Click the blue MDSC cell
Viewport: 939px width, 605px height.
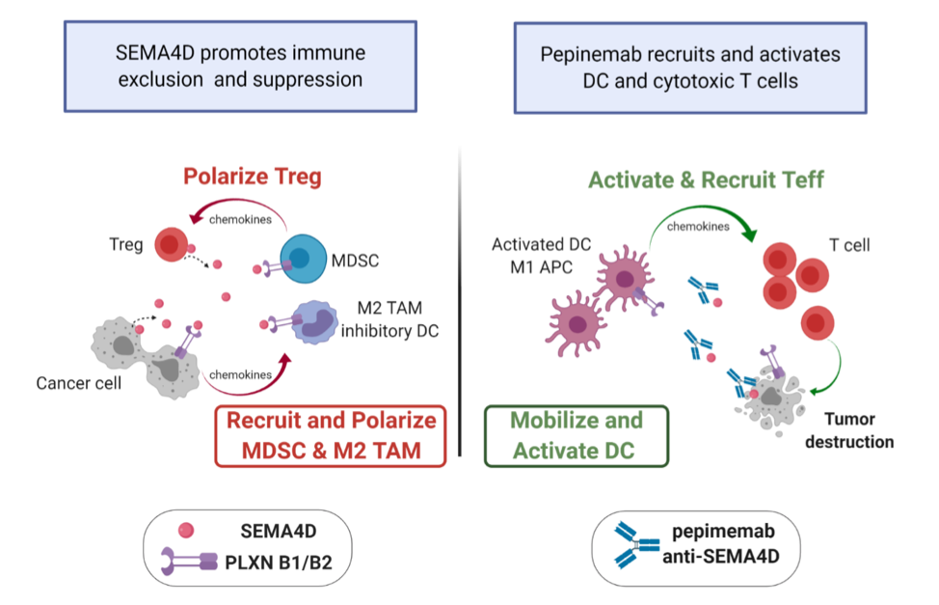click(304, 259)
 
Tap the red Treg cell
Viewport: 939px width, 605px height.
click(172, 244)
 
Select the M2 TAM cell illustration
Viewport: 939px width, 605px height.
click(314, 322)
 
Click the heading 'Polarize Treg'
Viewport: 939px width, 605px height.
click(253, 177)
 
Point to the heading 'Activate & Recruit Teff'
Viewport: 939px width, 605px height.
click(706, 179)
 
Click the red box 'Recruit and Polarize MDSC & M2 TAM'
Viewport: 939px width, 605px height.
click(331, 436)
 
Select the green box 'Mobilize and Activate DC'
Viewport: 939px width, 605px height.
click(577, 436)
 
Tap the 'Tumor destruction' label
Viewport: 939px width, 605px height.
click(849, 430)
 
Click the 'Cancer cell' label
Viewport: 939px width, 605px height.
click(78, 383)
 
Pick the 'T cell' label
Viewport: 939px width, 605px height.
click(849, 245)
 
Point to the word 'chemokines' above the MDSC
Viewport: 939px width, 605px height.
click(240, 219)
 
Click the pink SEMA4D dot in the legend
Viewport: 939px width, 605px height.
click(186, 530)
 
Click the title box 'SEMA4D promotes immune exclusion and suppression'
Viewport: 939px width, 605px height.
click(240, 67)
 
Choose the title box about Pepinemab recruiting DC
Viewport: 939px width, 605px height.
click(690, 68)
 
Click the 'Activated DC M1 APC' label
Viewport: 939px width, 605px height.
click(542, 256)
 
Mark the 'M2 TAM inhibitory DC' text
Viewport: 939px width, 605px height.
click(389, 319)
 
